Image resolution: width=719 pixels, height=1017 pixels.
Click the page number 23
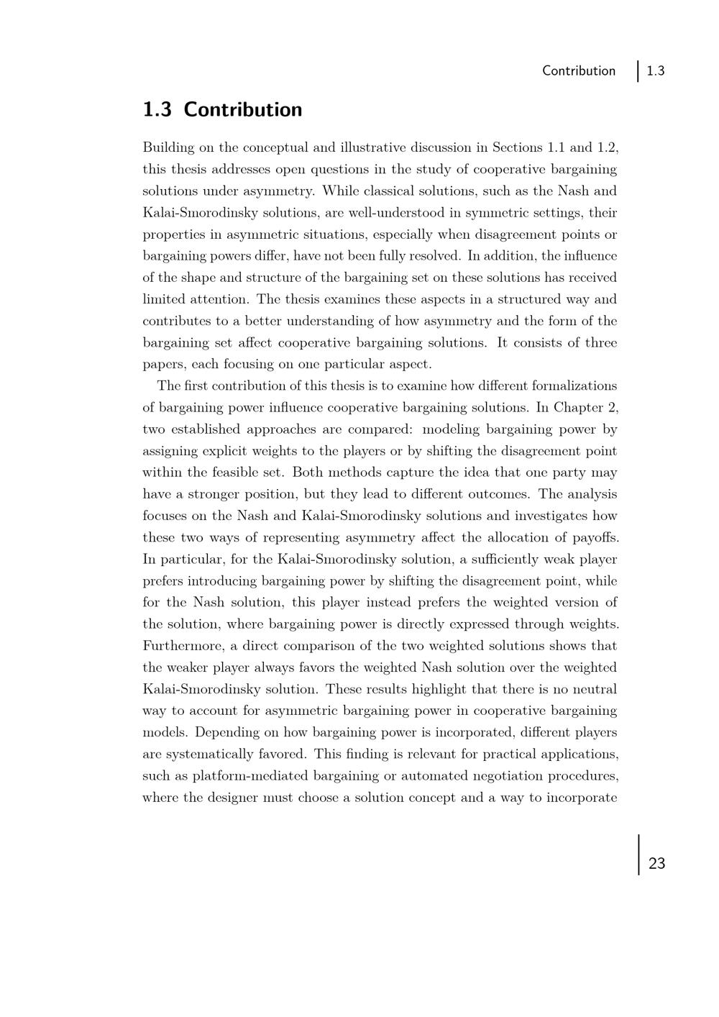pos(656,864)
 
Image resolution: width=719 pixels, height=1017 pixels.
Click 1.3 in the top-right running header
pos(655,71)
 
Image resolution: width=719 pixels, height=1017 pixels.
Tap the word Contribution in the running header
pos(579,71)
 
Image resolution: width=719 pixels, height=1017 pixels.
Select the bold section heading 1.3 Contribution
pos(222,110)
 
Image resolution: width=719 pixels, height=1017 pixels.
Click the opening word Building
pos(168,148)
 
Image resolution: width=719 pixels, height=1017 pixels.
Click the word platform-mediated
pos(275,776)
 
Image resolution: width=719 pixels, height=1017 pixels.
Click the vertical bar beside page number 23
pos(638,854)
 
